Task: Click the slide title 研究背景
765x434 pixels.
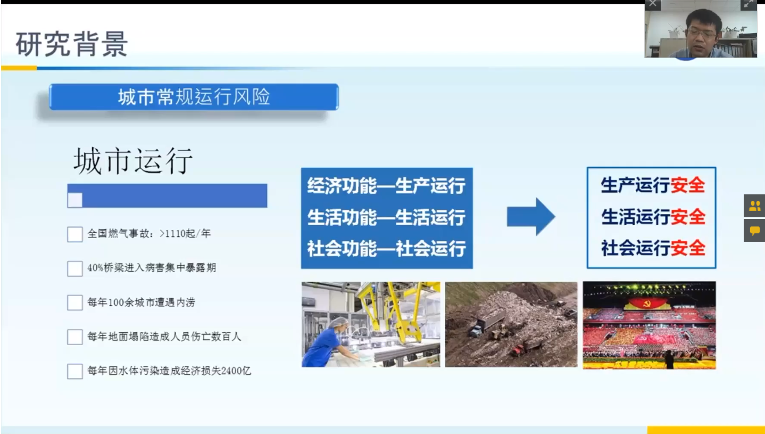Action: (72, 44)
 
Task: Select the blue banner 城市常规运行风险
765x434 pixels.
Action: (194, 97)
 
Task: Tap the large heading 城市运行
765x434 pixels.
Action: (133, 161)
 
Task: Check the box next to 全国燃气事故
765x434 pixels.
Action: (75, 234)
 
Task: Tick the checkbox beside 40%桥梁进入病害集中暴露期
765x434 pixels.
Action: (75, 268)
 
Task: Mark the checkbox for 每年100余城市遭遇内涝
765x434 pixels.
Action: (75, 302)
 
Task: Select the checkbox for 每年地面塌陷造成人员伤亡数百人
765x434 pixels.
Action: (75, 337)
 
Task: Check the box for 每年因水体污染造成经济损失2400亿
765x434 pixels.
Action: (75, 371)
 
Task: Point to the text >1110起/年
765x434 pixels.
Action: (185, 234)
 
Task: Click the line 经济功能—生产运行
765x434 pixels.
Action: (386, 185)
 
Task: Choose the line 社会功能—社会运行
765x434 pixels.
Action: (386, 249)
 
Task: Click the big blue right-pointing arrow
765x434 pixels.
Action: (531, 217)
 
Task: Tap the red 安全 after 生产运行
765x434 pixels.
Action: (687, 185)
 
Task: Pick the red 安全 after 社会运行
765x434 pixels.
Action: (687, 248)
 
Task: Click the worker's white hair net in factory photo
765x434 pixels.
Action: (339, 323)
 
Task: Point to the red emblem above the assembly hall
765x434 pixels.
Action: (646, 303)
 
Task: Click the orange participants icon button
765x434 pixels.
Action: (754, 206)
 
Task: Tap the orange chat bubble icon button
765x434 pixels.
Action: (754, 231)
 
